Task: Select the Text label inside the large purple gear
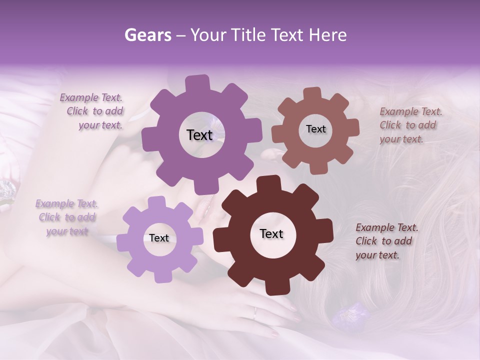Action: tap(199, 135)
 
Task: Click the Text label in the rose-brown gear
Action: tap(315, 129)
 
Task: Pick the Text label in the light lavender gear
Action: tap(159, 238)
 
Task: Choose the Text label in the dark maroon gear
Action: tap(271, 234)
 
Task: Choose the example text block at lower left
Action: tap(66, 217)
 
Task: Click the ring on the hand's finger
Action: tap(255, 313)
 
